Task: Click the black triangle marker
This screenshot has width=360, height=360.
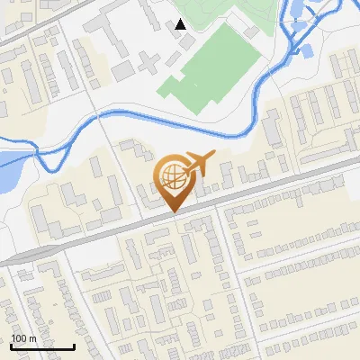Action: click(x=181, y=24)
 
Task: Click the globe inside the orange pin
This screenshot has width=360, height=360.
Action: click(x=174, y=175)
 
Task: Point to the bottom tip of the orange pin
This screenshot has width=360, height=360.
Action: click(x=174, y=212)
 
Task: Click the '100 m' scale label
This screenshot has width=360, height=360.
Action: click(x=23, y=338)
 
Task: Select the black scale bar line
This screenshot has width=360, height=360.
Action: click(x=42, y=346)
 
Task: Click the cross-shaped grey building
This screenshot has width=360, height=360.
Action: click(x=148, y=62)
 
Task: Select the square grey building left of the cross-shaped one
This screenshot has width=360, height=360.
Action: click(x=122, y=70)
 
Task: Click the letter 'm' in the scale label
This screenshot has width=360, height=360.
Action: click(x=31, y=338)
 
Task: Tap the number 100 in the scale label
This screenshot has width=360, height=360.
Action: click(x=19, y=338)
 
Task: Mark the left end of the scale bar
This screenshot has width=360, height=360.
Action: click(x=11, y=346)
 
